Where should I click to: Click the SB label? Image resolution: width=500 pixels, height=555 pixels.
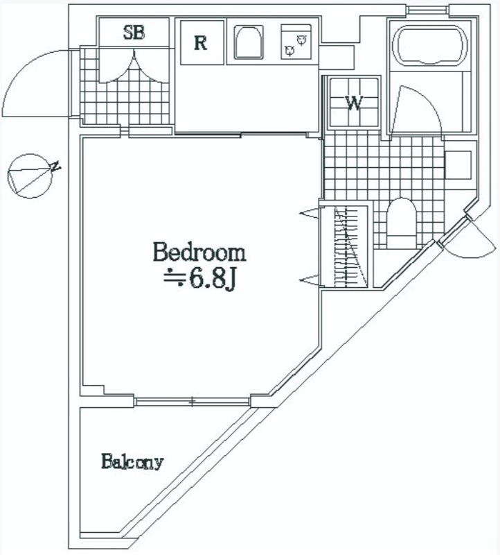pyautogui.click(x=134, y=33)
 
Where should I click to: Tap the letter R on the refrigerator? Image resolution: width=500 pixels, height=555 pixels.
pyautogui.click(x=201, y=43)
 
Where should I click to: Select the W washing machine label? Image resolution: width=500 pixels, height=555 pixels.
pyautogui.click(x=354, y=103)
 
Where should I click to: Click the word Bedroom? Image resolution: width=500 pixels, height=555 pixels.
pyautogui.click(x=199, y=252)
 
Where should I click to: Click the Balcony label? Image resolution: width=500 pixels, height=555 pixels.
pyautogui.click(x=132, y=461)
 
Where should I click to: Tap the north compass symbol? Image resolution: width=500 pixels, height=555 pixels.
pyautogui.click(x=32, y=176)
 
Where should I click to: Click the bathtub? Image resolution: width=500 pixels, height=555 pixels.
pyautogui.click(x=429, y=46)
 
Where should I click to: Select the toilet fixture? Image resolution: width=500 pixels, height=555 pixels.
pyautogui.click(x=401, y=223)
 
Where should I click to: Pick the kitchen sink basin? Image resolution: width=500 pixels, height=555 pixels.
pyautogui.click(x=249, y=42)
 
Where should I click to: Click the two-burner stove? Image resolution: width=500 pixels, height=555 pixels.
pyautogui.click(x=296, y=41)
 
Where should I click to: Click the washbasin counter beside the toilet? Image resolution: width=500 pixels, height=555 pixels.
pyautogui.click(x=458, y=165)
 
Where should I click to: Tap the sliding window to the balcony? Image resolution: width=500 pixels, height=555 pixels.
pyautogui.click(x=193, y=402)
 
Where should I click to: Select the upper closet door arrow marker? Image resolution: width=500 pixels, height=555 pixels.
pyautogui.click(x=310, y=213)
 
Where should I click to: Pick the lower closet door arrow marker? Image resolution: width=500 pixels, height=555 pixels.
pyautogui.click(x=310, y=281)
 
